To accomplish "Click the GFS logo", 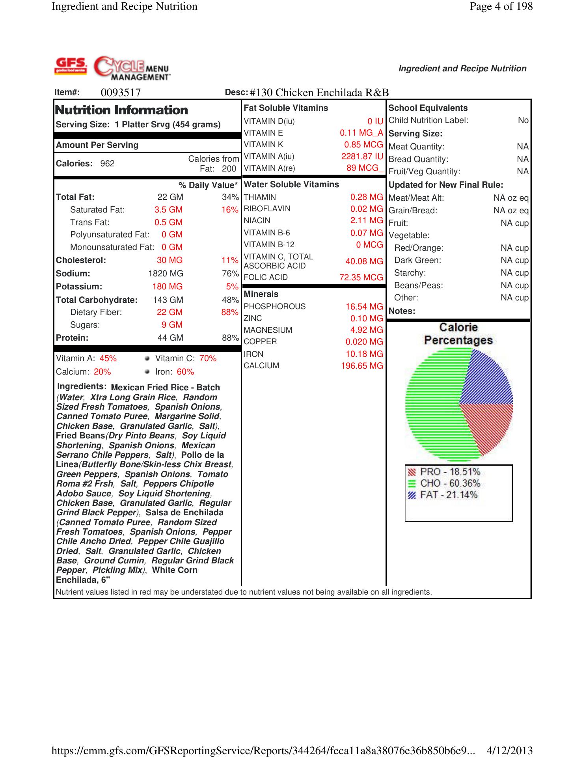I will click(71, 66).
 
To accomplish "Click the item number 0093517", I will click(121, 93).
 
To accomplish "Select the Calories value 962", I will click(107, 164).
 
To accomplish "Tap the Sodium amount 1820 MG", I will click(166, 274).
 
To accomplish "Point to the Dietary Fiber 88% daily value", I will click(229, 312).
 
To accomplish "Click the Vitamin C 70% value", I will click(208, 358).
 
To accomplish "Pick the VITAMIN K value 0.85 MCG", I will click(363, 145).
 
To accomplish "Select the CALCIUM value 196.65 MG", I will click(362, 366).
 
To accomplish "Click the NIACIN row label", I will click(257, 220).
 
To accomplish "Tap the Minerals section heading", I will click(261, 294).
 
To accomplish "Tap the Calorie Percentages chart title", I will click(458, 334).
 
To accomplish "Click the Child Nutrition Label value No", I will click(523, 120).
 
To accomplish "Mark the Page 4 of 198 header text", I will click(501, 6).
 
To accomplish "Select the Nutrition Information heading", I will click(122, 110).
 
